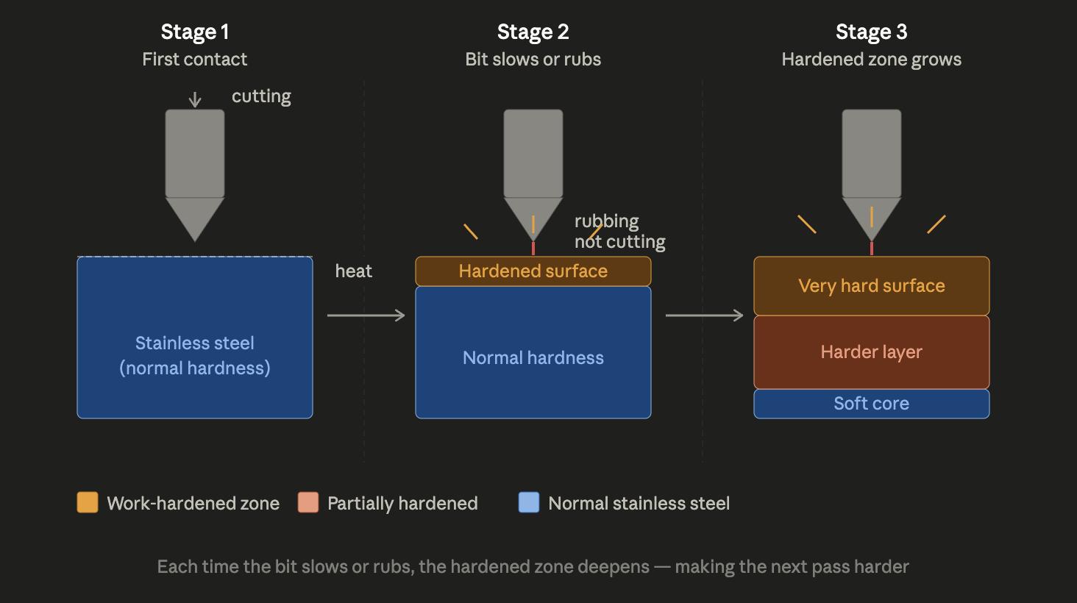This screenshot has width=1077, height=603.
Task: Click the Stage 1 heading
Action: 195,32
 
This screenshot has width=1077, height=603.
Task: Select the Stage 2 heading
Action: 533,32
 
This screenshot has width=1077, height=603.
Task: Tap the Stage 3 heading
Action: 871,32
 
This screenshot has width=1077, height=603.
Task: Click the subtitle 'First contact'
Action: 195,60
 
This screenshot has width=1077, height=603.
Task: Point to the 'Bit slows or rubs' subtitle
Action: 533,60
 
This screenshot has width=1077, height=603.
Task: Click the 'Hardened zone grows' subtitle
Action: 871,60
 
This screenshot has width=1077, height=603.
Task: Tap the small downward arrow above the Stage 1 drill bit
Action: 195,99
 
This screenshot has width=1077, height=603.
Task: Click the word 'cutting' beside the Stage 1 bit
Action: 261,96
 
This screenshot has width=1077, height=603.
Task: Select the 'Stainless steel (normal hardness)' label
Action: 195,356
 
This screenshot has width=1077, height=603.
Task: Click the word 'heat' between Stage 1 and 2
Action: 353,271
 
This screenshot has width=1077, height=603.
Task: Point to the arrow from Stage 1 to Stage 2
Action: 366,315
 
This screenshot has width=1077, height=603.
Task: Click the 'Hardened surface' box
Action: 533,271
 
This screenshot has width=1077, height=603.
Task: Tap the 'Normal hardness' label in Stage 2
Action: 533,358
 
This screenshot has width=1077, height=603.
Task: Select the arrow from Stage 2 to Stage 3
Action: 704,315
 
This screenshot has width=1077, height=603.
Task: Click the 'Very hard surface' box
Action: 871,286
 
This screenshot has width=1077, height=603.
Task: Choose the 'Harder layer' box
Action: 871,352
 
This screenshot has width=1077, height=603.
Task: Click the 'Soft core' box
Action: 871,404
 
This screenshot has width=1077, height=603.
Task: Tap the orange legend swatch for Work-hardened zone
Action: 88,502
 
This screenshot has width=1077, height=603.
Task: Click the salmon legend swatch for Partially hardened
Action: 308,502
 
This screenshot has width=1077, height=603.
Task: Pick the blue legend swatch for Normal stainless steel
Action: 529,502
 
